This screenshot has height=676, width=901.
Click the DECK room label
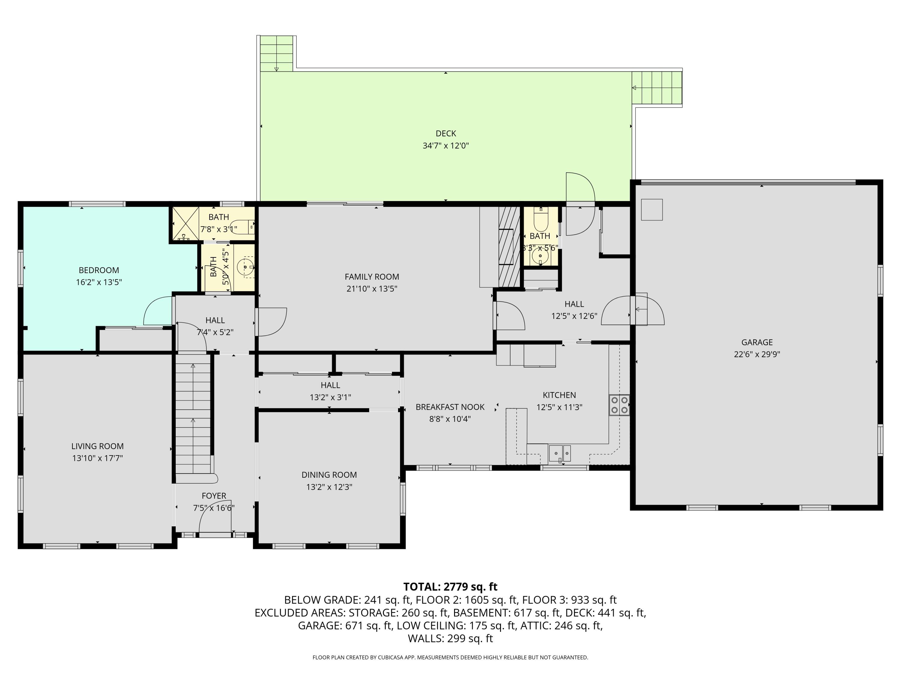446,133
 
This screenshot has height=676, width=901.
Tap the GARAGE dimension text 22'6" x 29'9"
757,354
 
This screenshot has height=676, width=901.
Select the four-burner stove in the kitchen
619,405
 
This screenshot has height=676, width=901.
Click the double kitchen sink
560,453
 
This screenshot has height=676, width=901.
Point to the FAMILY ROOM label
372,277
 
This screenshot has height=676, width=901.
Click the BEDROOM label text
99,270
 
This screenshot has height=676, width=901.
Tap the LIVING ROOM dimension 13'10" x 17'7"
97,458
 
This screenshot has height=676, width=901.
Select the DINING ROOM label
329,475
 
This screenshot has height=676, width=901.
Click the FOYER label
214,496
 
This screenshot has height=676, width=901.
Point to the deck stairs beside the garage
657,88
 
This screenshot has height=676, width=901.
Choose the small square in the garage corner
652,209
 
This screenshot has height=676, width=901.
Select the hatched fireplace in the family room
509,247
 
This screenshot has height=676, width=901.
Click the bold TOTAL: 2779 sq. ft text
450,587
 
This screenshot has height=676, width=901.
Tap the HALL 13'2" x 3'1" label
330,391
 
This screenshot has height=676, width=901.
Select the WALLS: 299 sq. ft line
450,638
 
